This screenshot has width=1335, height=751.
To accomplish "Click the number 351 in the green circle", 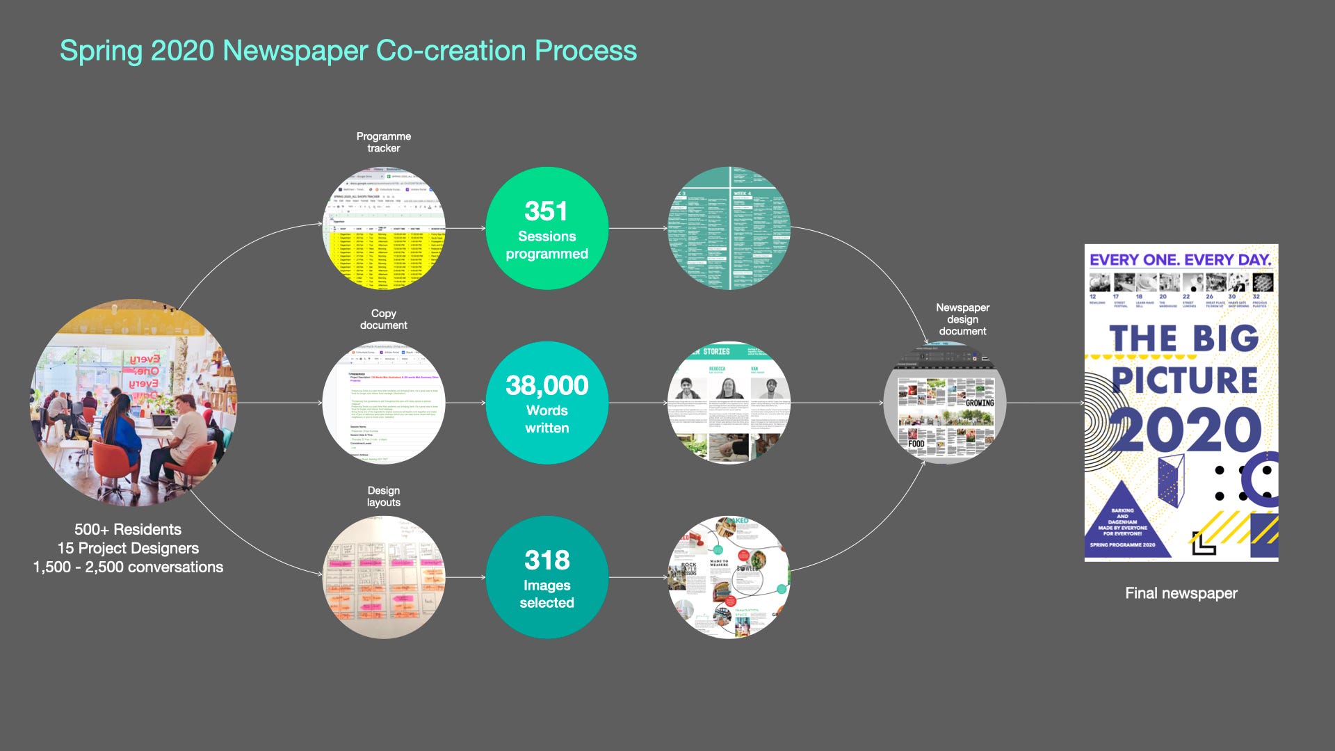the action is (546, 211).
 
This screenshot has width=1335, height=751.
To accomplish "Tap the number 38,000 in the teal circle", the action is (547, 385).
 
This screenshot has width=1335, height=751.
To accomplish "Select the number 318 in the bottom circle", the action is (547, 560).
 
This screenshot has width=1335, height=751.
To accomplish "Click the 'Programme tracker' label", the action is (383, 142).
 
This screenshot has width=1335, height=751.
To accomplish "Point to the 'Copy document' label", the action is (383, 319).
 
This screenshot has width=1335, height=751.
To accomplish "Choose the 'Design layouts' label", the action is (383, 496).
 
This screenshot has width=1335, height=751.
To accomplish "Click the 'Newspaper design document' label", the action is (962, 319).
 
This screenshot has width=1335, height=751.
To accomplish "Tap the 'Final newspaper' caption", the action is (1181, 593).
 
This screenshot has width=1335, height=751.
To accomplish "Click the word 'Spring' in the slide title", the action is (101, 51).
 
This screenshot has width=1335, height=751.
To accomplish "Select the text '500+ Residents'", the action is (128, 529).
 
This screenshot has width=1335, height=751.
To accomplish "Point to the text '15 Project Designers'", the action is (128, 548).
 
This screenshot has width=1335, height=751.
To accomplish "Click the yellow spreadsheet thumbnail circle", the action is (384, 228).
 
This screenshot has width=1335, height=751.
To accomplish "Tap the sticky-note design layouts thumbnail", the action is (384, 577).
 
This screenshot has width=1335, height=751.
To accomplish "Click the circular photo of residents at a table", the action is (133, 402).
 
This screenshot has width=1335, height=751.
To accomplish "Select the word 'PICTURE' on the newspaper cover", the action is (1184, 380).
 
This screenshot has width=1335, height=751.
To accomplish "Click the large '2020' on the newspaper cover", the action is (1184, 430).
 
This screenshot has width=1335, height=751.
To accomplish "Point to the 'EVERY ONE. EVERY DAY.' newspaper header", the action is (1180, 259).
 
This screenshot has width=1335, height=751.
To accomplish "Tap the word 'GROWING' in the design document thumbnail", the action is (979, 403).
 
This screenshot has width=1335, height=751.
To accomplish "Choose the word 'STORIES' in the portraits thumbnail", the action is (715, 352).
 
